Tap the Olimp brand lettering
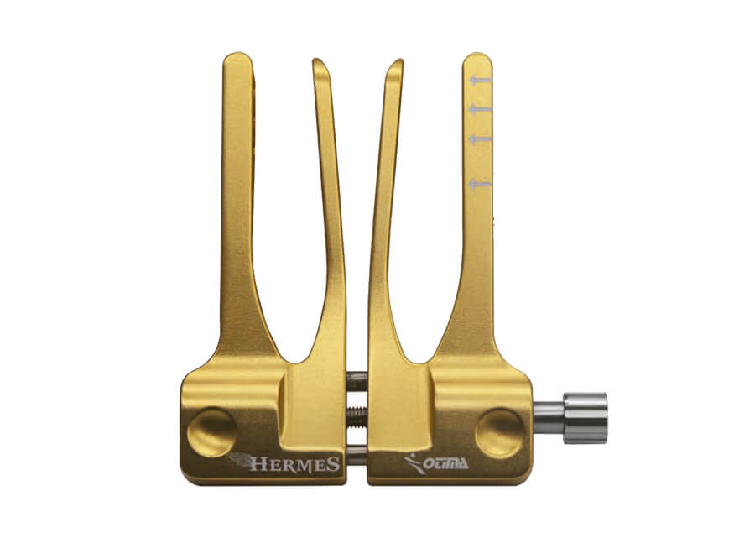[446, 463]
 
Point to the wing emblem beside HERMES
[240, 459]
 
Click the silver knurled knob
[586, 418]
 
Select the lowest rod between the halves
[357, 452]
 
